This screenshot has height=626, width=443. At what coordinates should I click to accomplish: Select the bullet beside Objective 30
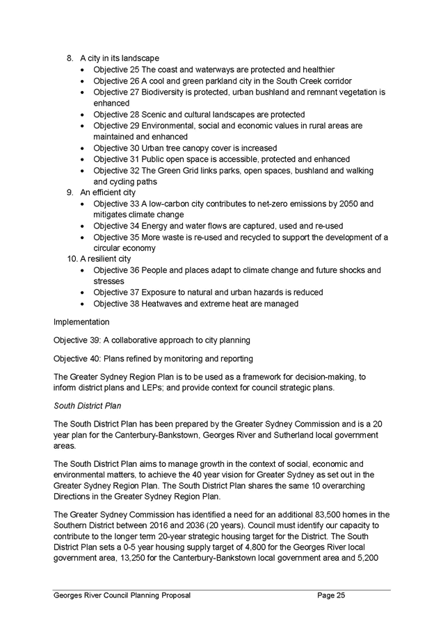[83, 148]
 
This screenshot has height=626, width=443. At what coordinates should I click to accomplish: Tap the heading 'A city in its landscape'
[120, 58]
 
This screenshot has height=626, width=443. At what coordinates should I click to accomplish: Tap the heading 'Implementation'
[81, 322]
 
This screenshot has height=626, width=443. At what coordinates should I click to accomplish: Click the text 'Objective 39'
[76, 340]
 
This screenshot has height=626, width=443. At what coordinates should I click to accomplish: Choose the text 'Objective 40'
[76, 359]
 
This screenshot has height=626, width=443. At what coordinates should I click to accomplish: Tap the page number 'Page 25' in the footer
[331, 595]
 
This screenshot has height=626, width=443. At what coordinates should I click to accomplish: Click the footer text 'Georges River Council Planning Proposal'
[122, 595]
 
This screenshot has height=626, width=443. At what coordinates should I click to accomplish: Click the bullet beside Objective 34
[83, 226]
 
